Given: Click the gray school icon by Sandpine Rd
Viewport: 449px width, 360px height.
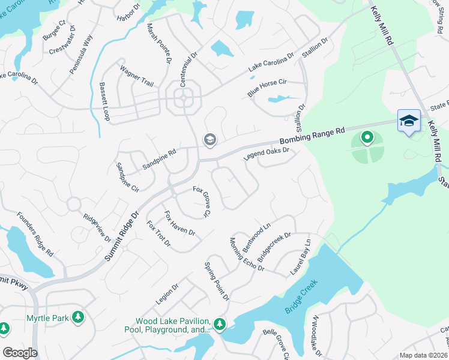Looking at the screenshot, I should click(x=209, y=140).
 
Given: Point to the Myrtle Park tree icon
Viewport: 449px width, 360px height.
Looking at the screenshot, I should click(x=77, y=317).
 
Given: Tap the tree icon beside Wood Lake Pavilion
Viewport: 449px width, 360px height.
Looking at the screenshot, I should click(x=220, y=325).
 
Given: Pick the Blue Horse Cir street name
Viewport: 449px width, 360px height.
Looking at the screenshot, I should click(x=268, y=88).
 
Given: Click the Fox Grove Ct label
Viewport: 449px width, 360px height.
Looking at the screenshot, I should click(x=202, y=201).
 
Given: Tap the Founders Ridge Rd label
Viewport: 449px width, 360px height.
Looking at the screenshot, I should click(x=35, y=234).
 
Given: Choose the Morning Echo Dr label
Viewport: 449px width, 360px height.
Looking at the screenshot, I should click(x=247, y=254).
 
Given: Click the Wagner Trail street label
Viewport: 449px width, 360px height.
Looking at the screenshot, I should click(x=137, y=75).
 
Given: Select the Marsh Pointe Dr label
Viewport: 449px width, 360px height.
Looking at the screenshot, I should click(x=160, y=44).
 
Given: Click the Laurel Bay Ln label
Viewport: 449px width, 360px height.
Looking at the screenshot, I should click(x=301, y=257).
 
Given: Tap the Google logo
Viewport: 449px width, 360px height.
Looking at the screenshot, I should click(x=20, y=353).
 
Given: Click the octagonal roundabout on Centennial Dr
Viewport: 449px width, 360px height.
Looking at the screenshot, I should click(x=187, y=99).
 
